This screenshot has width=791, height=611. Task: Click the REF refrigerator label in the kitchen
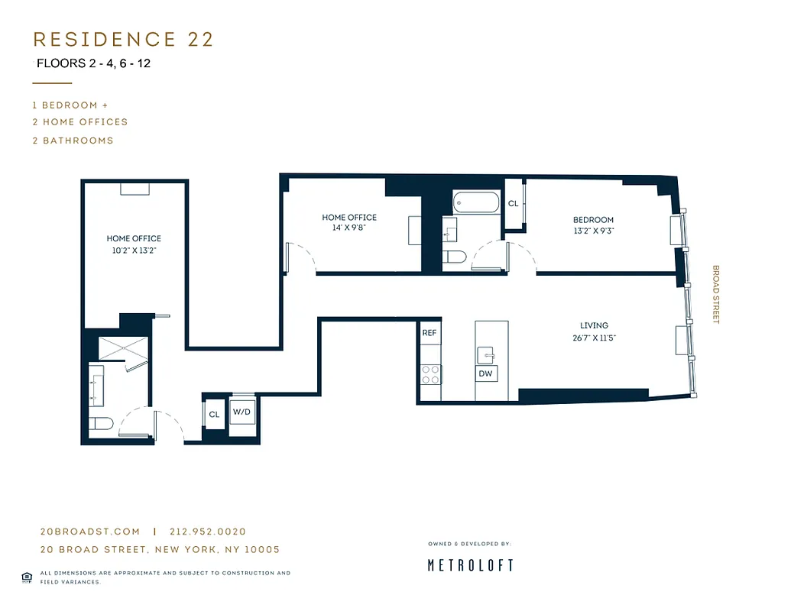point(429,333)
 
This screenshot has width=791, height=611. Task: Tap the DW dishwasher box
point(485,373)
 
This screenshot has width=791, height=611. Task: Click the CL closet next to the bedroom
point(513,204)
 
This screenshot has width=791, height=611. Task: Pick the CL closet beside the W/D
point(214,415)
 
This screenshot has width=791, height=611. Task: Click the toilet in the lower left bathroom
point(102,423)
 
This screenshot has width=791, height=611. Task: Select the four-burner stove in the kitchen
point(431,373)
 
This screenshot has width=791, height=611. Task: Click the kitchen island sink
point(486,354)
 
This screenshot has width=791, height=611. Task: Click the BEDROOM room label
point(593,220)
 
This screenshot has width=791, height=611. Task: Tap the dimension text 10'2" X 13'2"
point(134,250)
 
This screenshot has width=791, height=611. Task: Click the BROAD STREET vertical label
point(716,294)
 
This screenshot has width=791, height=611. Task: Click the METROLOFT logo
point(469,565)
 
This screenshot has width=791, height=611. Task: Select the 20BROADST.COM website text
point(90,532)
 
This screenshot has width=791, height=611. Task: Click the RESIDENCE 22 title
point(123,39)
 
